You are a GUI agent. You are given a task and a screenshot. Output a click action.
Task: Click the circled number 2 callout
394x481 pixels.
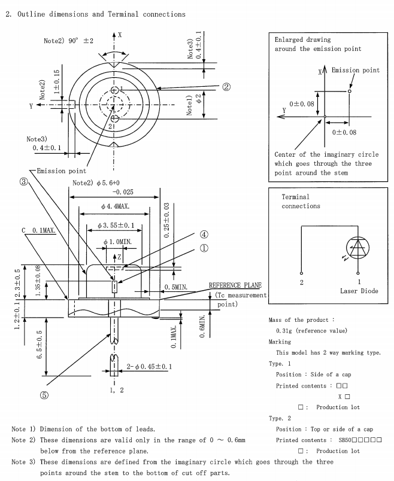pyautogui.click(x=226, y=86)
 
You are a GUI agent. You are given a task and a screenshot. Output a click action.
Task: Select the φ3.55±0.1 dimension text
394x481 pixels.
pyautogui.click(x=116, y=227)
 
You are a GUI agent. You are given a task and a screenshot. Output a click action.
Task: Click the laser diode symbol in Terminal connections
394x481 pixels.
pyautogui.click(x=359, y=247)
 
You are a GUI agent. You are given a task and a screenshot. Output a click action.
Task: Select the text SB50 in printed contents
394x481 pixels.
pyautogui.click(x=348, y=440)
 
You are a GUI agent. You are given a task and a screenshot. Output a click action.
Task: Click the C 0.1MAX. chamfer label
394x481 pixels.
pyautogui.click(x=40, y=230)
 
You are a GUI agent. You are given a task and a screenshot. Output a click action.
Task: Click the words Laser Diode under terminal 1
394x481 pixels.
pyautogui.click(x=359, y=290)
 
